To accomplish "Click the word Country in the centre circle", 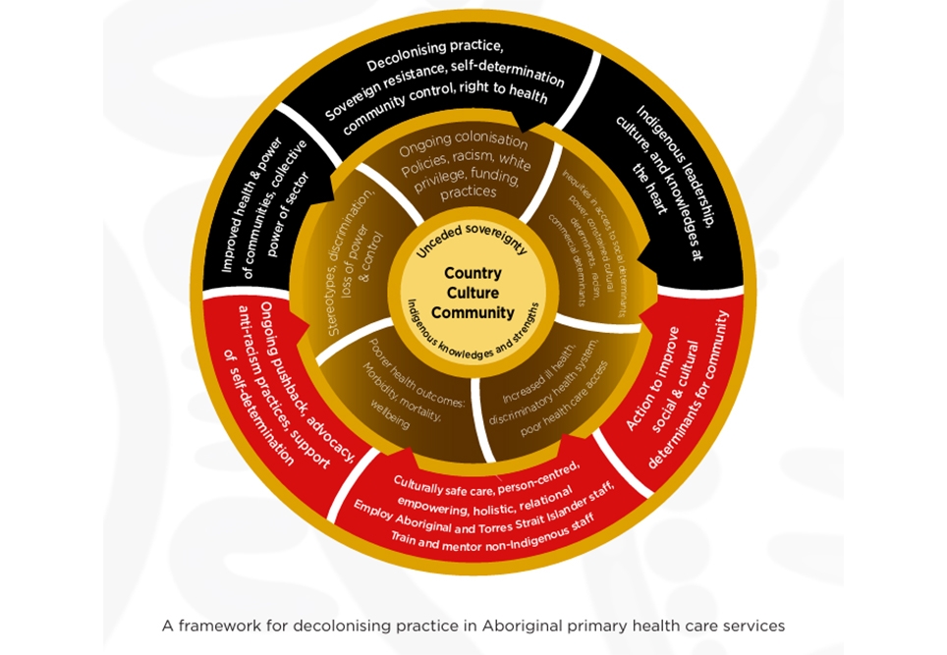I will (473, 273).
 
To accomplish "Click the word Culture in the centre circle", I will (473, 293).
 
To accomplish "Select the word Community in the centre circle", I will (473, 312).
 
